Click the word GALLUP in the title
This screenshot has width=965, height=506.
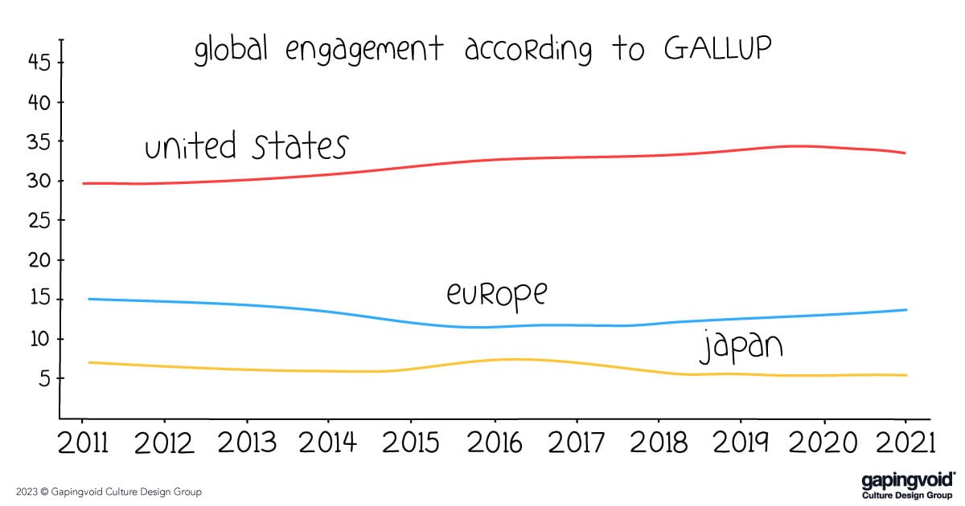click(x=718, y=49)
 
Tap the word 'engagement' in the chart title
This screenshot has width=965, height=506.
click(x=364, y=51)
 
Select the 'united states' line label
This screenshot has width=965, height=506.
click(x=245, y=147)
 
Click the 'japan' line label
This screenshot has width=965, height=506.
click(x=740, y=347)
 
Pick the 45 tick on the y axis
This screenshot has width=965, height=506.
click(x=39, y=63)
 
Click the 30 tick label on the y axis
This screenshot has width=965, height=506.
click(x=39, y=182)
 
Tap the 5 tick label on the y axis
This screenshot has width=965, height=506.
click(x=44, y=378)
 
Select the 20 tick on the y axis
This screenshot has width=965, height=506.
click(x=39, y=260)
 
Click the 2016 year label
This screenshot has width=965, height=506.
click(x=494, y=443)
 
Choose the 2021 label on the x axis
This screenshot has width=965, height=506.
click(x=905, y=443)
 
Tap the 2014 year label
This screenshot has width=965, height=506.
click(x=329, y=443)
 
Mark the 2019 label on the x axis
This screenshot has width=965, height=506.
click(x=741, y=443)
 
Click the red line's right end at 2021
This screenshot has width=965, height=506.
click(x=905, y=153)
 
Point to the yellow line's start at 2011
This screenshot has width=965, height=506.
click(x=88, y=362)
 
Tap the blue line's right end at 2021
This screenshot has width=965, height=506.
click(x=906, y=310)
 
